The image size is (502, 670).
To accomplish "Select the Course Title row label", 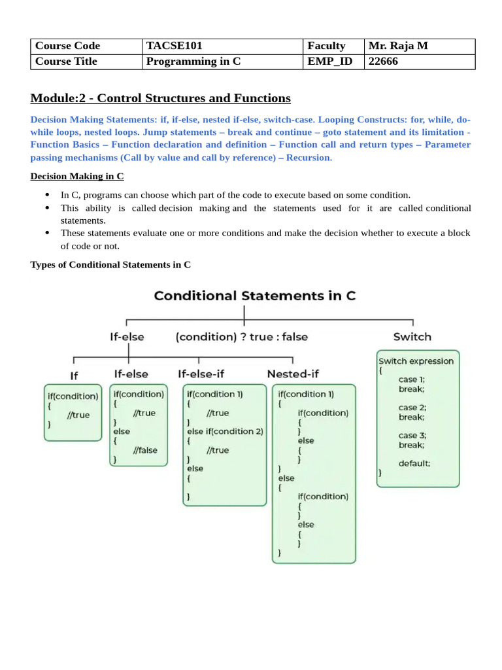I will tap(66, 62).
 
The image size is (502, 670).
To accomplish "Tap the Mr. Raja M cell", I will tap(398, 46).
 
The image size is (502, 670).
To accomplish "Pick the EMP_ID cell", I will tap(326, 62).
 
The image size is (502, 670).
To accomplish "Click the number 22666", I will tap(383, 62).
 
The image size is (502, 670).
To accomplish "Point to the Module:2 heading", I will tap(160, 98).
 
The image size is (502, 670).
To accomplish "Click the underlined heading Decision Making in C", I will tap(77, 177).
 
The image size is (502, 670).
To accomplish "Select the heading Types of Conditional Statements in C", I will tap(111, 264).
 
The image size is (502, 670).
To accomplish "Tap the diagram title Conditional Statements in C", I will tap(255, 295).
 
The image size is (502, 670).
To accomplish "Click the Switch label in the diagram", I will tap(412, 336).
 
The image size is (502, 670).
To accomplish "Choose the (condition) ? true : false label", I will tap(242, 337).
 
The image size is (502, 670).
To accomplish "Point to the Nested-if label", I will tap(293, 374).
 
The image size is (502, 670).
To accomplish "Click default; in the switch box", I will tap(414, 463).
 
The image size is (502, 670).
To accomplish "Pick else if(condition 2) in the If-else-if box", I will tap(225, 431).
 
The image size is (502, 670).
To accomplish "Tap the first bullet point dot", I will tap(48, 195).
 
